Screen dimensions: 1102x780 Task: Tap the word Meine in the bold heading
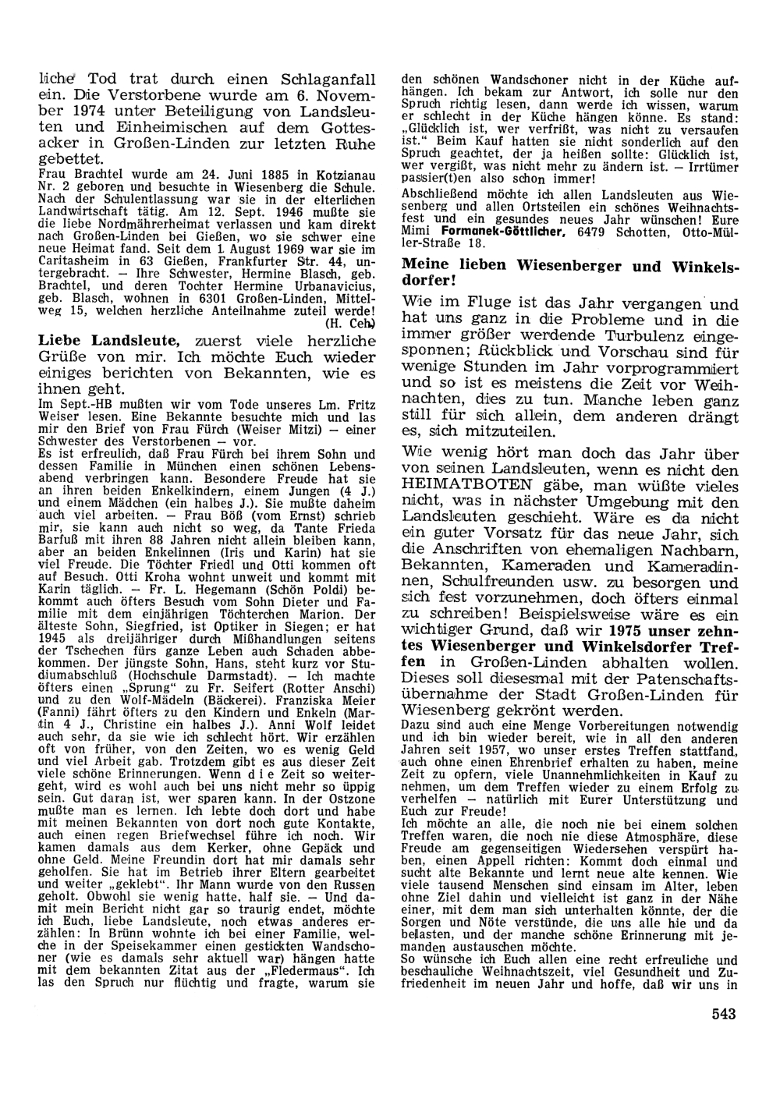point(425,267)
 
